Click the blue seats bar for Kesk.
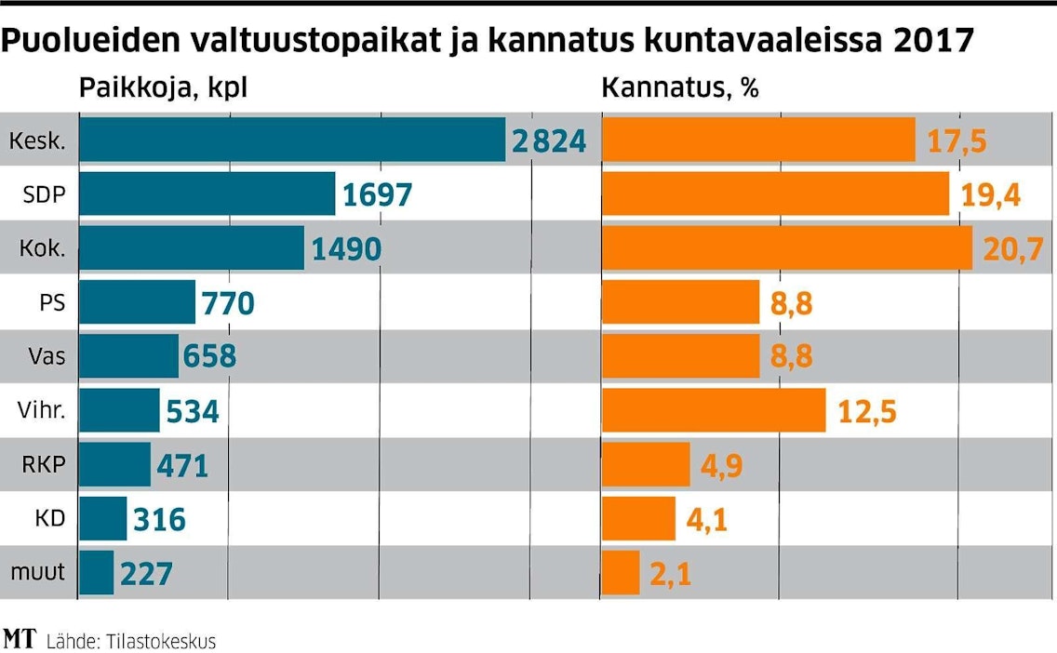(292, 140)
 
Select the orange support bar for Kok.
(787, 248)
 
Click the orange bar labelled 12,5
(714, 410)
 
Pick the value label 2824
(549, 140)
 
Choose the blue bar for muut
(97, 572)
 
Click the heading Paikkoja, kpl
(163, 88)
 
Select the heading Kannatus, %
(680, 88)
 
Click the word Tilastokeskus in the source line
(160, 641)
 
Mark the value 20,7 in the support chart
(1010, 249)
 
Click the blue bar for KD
(102, 518)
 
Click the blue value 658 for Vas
(210, 357)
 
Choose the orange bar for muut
(622, 572)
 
